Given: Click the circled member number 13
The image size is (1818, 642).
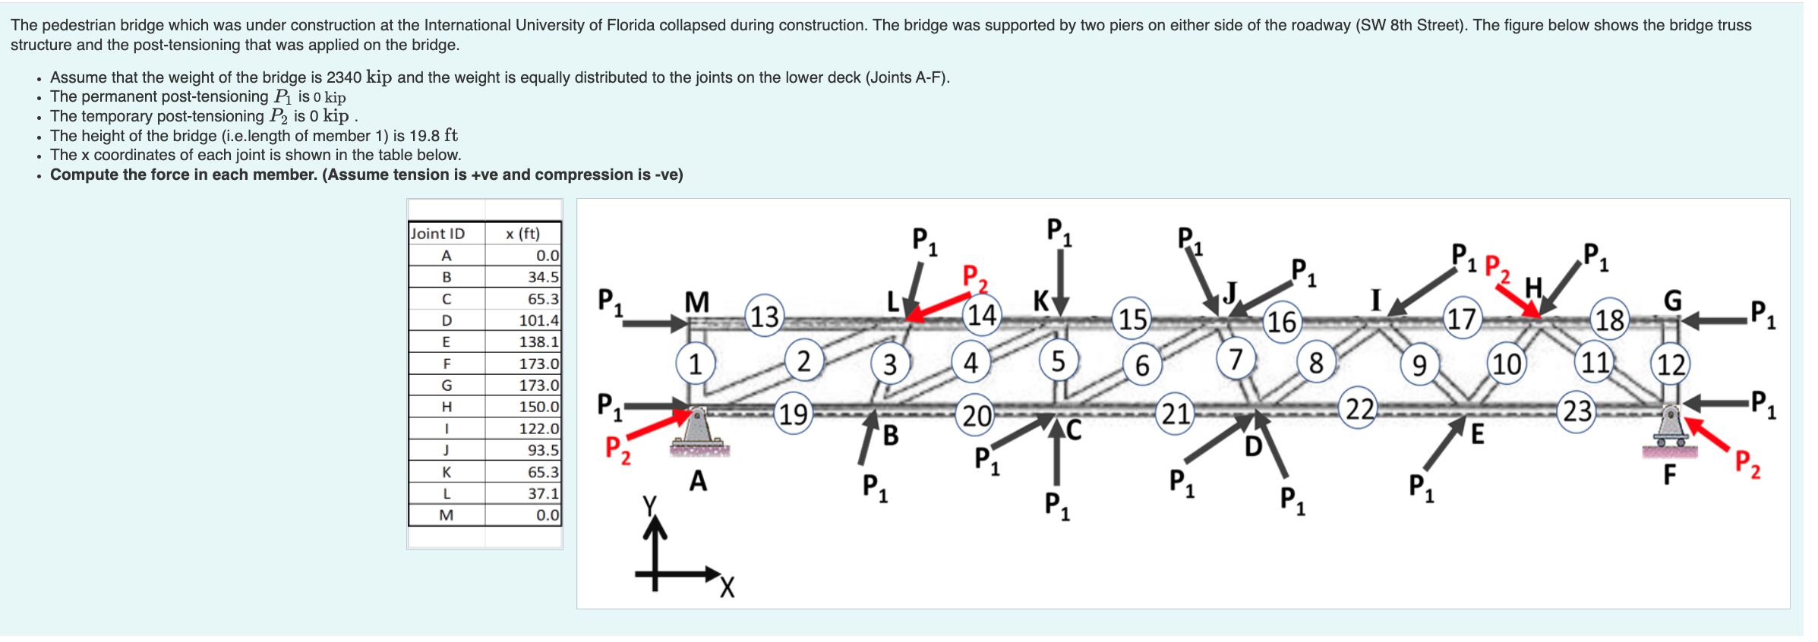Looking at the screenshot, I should point(765,316).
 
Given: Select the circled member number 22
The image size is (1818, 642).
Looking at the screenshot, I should point(1359,408).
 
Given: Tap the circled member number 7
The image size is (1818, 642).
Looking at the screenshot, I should point(1236,357).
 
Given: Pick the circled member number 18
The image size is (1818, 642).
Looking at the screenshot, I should point(1609,319).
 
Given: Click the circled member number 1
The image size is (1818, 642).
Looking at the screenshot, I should point(695,363).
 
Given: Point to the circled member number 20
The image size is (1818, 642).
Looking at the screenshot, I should point(977,415).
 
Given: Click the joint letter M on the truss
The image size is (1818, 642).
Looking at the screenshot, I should point(696,302).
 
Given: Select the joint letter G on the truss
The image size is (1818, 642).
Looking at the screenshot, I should point(1672,301).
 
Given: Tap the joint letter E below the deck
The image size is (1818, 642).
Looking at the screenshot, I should point(1477,434).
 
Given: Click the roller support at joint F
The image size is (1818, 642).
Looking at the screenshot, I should point(1670,429).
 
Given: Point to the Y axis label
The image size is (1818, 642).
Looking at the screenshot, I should point(649,505).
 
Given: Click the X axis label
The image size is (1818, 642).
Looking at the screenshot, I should point(727,587).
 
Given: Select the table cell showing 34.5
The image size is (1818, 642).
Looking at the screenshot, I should point(543,277).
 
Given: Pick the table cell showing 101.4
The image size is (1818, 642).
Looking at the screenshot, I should point(538,320).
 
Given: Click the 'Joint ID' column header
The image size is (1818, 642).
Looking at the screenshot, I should point(437,234).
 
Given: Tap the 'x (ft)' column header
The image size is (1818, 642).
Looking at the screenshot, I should point(522,234).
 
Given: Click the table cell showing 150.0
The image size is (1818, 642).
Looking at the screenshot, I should point(538,407).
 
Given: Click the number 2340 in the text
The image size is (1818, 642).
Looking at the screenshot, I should point(343,77).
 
